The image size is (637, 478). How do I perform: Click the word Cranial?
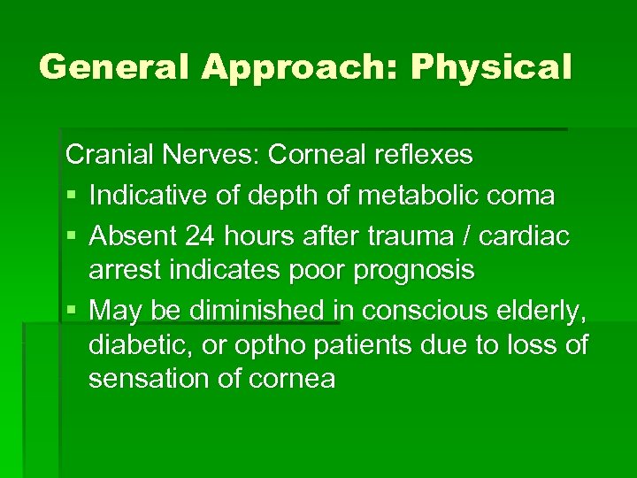pyautogui.click(x=110, y=155)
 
